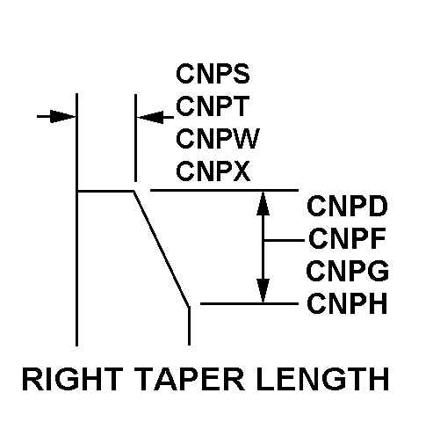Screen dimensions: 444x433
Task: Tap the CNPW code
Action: click(215, 139)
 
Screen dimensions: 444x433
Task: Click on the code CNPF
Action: click(347, 239)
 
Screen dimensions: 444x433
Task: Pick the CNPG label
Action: click(348, 271)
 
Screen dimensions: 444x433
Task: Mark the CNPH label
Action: click(348, 303)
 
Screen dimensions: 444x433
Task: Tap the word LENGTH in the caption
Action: click(329, 379)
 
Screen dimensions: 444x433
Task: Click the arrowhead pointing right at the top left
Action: click(62, 115)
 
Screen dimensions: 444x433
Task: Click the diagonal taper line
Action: click(161, 247)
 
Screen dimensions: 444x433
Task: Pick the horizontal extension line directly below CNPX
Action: click(224, 190)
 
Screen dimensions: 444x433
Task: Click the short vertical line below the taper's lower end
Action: click(189, 324)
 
